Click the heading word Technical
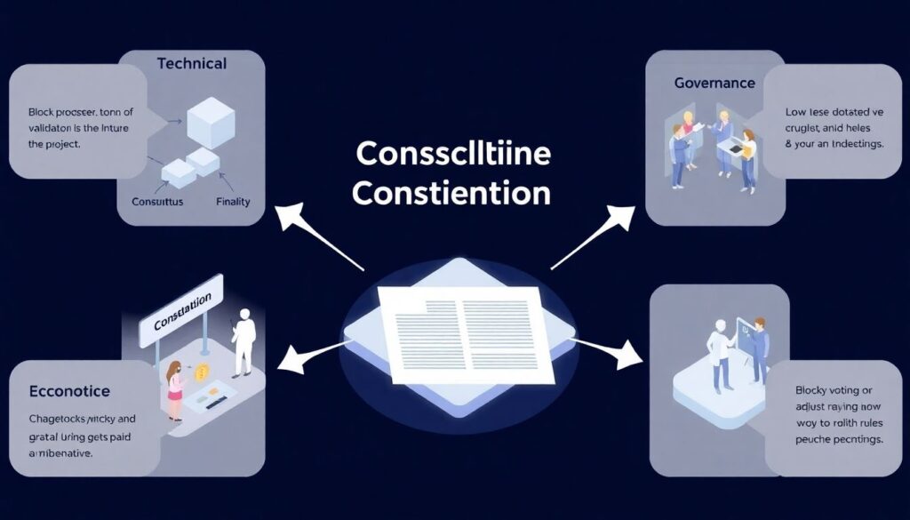(x=191, y=64)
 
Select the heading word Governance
(x=714, y=83)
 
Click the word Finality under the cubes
(x=233, y=202)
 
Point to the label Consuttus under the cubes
(x=157, y=202)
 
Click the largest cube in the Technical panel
(x=211, y=122)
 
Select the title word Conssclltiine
(x=453, y=153)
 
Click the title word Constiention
(x=451, y=191)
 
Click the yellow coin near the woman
(x=203, y=372)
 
